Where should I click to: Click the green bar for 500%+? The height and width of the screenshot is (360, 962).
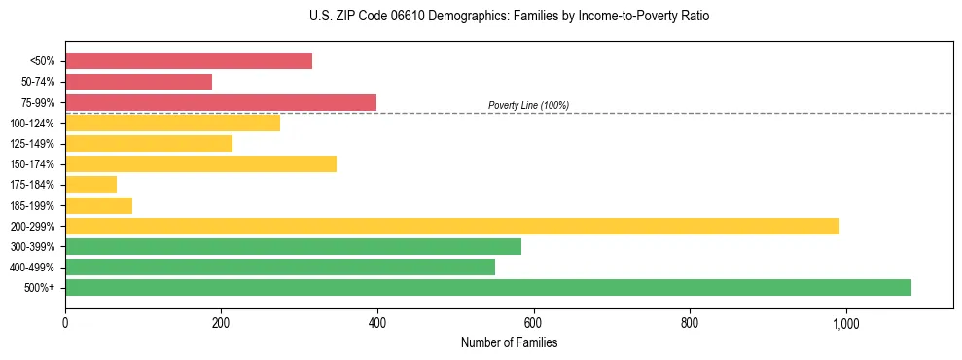tap(488, 287)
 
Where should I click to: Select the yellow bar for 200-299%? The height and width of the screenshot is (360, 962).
tap(452, 226)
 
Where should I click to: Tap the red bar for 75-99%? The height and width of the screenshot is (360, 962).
tap(221, 102)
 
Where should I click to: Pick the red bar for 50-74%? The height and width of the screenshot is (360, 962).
tap(138, 82)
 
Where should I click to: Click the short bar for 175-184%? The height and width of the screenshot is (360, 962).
tap(90, 184)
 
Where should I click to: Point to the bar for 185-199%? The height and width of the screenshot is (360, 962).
tap(98, 205)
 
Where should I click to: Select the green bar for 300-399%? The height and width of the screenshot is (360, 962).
tap(293, 246)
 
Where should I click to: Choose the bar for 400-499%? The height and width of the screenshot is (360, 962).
tap(280, 267)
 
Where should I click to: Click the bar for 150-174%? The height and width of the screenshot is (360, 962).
tap(200, 163)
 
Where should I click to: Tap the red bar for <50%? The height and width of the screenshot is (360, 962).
tap(189, 61)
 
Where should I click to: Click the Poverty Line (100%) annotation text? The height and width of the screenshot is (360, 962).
tap(528, 105)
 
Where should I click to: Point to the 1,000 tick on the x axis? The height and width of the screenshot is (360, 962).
tap(845, 322)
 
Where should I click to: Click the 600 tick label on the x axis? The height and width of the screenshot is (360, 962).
tap(533, 322)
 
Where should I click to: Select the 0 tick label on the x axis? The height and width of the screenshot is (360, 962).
tap(65, 322)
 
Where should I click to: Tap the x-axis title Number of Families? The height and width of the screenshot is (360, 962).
tap(509, 342)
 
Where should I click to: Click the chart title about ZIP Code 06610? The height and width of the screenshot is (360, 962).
tap(509, 17)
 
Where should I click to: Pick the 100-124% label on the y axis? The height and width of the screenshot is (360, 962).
tap(32, 124)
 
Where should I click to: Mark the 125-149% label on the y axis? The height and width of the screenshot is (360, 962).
tap(32, 144)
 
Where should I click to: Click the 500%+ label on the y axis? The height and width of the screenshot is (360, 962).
tap(40, 288)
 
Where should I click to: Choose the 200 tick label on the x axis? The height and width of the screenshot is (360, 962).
tap(221, 322)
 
